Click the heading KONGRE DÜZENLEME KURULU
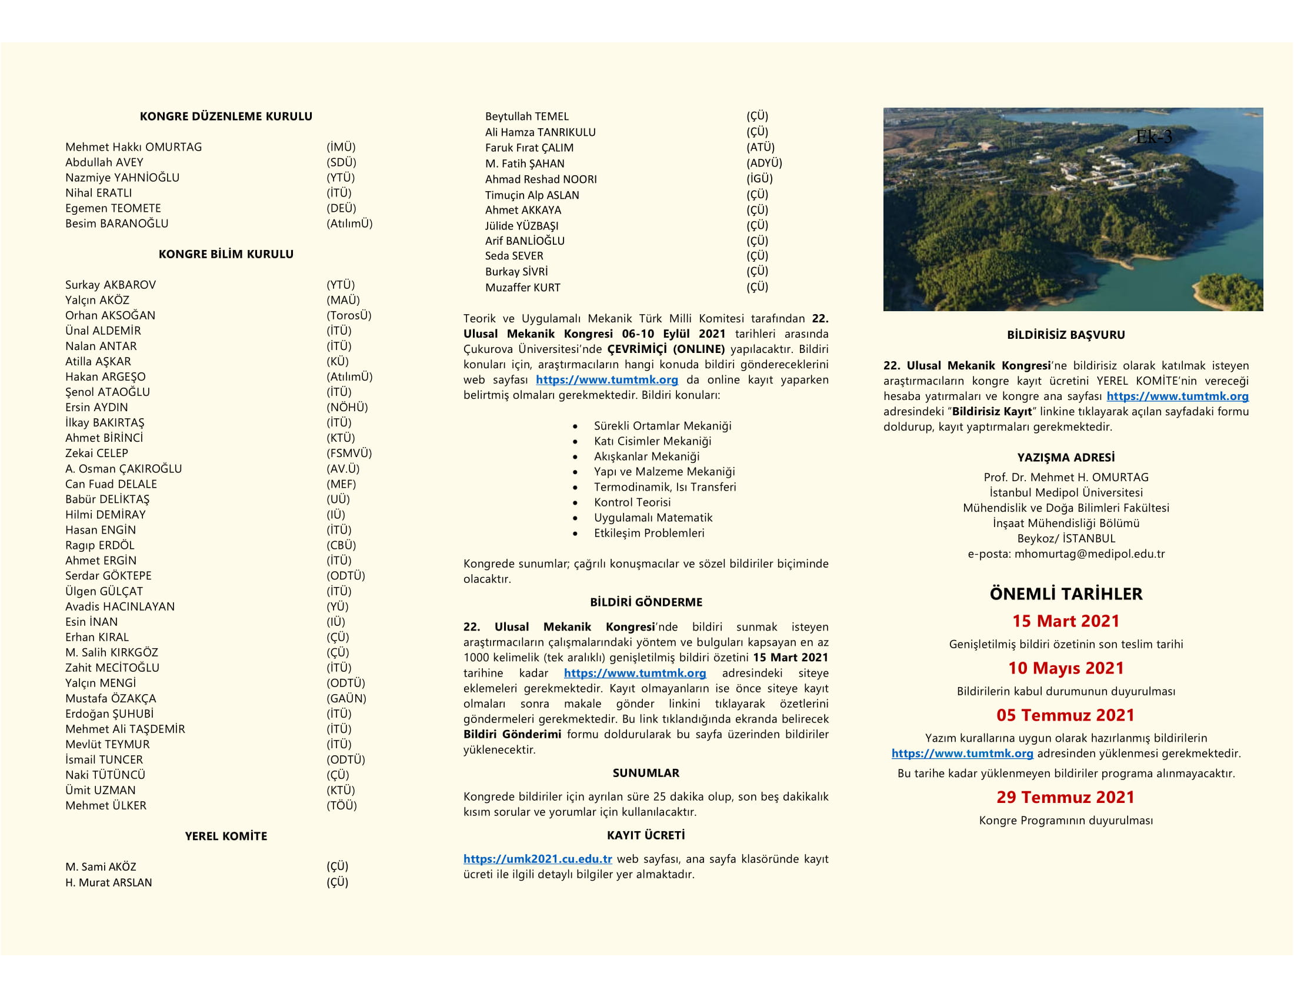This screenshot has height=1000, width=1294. tap(226, 116)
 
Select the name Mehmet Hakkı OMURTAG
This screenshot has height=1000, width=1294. tap(134, 147)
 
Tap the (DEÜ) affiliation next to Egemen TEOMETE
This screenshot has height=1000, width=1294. tap(341, 208)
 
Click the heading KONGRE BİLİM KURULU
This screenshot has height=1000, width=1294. tap(226, 254)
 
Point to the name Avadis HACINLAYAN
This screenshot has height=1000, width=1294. tap(119, 606)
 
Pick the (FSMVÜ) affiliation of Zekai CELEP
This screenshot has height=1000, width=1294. tap(349, 453)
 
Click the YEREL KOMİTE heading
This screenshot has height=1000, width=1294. tap(226, 836)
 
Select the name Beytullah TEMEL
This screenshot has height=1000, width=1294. tap(527, 116)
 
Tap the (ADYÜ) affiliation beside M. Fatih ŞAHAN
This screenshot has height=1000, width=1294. tap(763, 163)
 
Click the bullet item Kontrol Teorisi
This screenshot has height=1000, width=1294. tap(632, 502)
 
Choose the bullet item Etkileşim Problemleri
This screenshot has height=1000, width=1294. tap(649, 533)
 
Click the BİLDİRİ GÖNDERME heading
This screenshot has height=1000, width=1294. tap(646, 602)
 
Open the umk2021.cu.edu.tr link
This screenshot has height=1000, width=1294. tap(538, 859)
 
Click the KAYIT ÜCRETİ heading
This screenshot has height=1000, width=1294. tap(646, 835)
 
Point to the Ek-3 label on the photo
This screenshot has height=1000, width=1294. tap(1153, 138)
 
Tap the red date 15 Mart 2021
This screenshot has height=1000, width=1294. tap(1066, 621)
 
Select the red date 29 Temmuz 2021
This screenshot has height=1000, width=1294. tap(1065, 798)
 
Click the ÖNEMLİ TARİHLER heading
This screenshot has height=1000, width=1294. tap(1066, 594)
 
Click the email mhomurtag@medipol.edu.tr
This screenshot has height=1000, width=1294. tap(1089, 554)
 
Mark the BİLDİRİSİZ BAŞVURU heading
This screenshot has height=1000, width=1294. tap(1066, 335)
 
